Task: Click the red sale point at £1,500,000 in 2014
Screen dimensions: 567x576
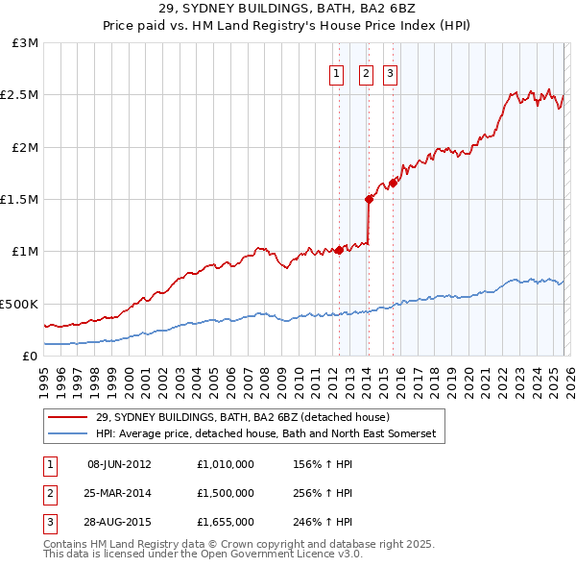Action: (369, 199)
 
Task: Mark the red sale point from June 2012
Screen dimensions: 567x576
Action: (339, 250)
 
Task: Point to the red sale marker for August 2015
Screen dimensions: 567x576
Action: (393, 183)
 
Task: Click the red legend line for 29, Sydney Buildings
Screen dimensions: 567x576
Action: (68, 417)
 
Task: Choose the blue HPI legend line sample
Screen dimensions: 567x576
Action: (68, 434)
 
